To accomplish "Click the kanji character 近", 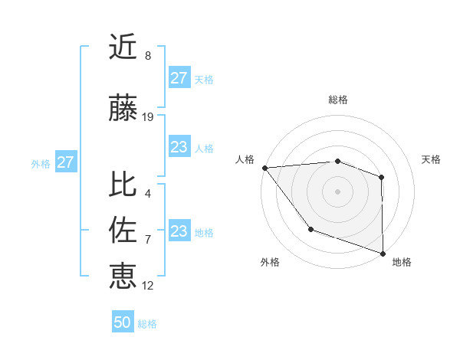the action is pos(123,47).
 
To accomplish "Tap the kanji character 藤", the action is pos(123,110).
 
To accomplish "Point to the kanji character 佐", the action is pos(123,230).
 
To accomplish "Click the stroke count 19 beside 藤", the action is pos(148,117).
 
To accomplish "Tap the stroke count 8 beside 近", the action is pos(148,56).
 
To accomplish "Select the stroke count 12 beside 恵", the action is pos(148,286).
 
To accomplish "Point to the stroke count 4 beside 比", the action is pos(148,193).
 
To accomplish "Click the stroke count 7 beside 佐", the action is pos(148,240).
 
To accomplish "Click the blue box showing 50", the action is pos(123,322).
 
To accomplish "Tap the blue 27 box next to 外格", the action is pos(66,162).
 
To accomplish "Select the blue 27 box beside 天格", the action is pos(179,78).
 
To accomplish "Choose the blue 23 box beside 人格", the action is pos(179,148).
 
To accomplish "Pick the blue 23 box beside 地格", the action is pos(179,231).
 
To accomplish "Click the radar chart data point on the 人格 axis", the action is pos(264,168).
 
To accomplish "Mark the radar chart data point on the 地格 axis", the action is pos(383,253).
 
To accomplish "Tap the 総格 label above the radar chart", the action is pos(338,100).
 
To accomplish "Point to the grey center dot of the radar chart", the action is pos(337,191).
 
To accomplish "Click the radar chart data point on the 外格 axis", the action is pos(310,228).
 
